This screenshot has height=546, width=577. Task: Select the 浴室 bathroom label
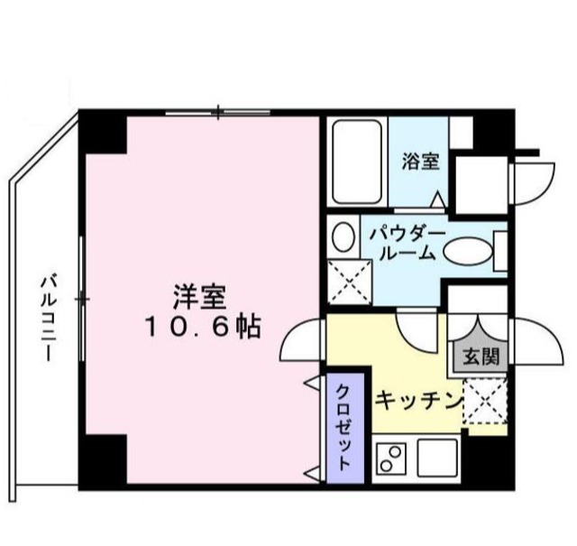click(x=420, y=162)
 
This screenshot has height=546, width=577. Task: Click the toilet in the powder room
click(x=343, y=236)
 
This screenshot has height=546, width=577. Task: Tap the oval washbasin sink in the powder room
click(x=468, y=251)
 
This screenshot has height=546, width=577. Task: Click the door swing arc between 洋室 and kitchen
click(x=301, y=342)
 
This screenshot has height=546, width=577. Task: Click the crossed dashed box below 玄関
click(x=485, y=398)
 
